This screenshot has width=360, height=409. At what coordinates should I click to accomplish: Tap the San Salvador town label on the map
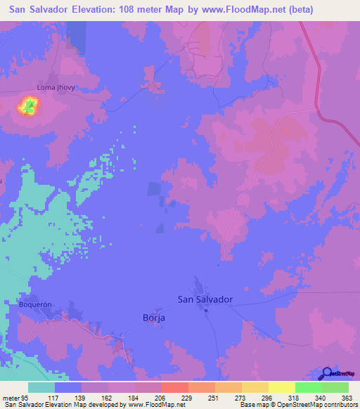[205, 299]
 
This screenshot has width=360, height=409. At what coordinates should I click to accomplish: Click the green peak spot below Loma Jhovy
[29, 107]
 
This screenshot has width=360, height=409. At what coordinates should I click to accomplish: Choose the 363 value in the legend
[347, 397]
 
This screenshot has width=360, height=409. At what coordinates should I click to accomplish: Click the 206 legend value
[161, 397]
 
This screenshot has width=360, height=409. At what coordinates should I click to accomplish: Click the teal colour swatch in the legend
[41, 387]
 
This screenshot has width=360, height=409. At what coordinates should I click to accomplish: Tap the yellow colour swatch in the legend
[282, 387]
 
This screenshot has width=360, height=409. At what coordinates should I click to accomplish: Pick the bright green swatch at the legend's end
[335, 387]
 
